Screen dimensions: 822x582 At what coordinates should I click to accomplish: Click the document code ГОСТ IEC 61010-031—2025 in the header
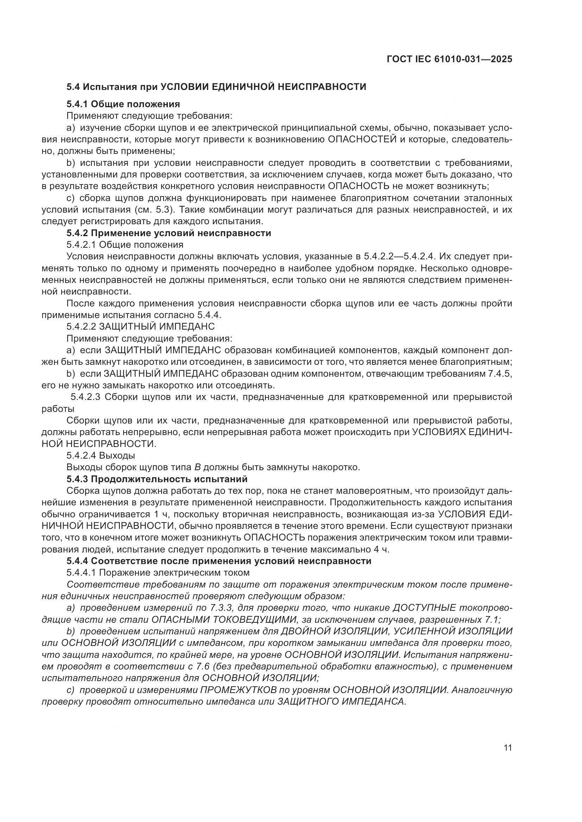(x=449, y=59)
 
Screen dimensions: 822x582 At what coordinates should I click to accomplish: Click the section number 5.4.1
(x=77, y=104)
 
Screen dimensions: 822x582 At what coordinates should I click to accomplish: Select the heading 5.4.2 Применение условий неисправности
(x=169, y=233)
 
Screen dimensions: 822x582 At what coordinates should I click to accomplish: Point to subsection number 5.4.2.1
(x=81, y=245)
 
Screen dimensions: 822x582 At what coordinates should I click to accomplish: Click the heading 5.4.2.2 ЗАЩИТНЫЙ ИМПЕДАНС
(x=140, y=326)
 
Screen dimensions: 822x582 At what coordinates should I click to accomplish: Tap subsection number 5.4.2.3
(x=86, y=397)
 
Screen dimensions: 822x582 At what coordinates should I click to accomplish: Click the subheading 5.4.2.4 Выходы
(x=101, y=455)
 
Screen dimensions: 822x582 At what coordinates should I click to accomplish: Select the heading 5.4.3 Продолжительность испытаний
(x=157, y=479)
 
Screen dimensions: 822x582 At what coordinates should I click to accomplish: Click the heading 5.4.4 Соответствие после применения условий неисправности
(x=219, y=561)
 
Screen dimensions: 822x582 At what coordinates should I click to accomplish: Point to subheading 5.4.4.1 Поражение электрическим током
(x=158, y=572)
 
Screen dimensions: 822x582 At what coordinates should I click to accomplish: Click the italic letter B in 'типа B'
(x=197, y=467)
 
